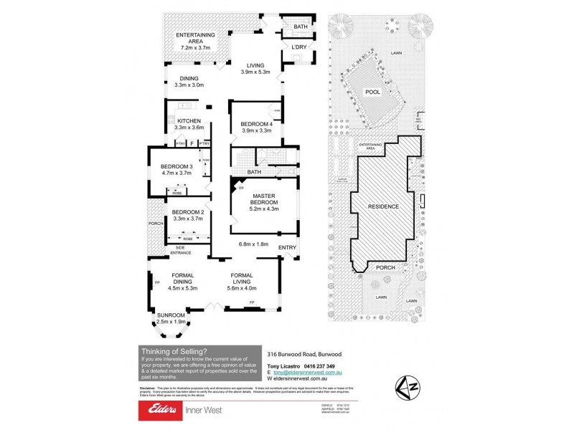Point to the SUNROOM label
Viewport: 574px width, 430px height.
(x=171, y=315)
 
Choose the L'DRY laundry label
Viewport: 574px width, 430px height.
(x=299, y=48)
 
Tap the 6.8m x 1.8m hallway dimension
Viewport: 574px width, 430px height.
(x=253, y=244)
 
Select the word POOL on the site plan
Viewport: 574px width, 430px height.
(x=372, y=92)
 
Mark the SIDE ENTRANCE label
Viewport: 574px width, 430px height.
(x=181, y=250)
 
